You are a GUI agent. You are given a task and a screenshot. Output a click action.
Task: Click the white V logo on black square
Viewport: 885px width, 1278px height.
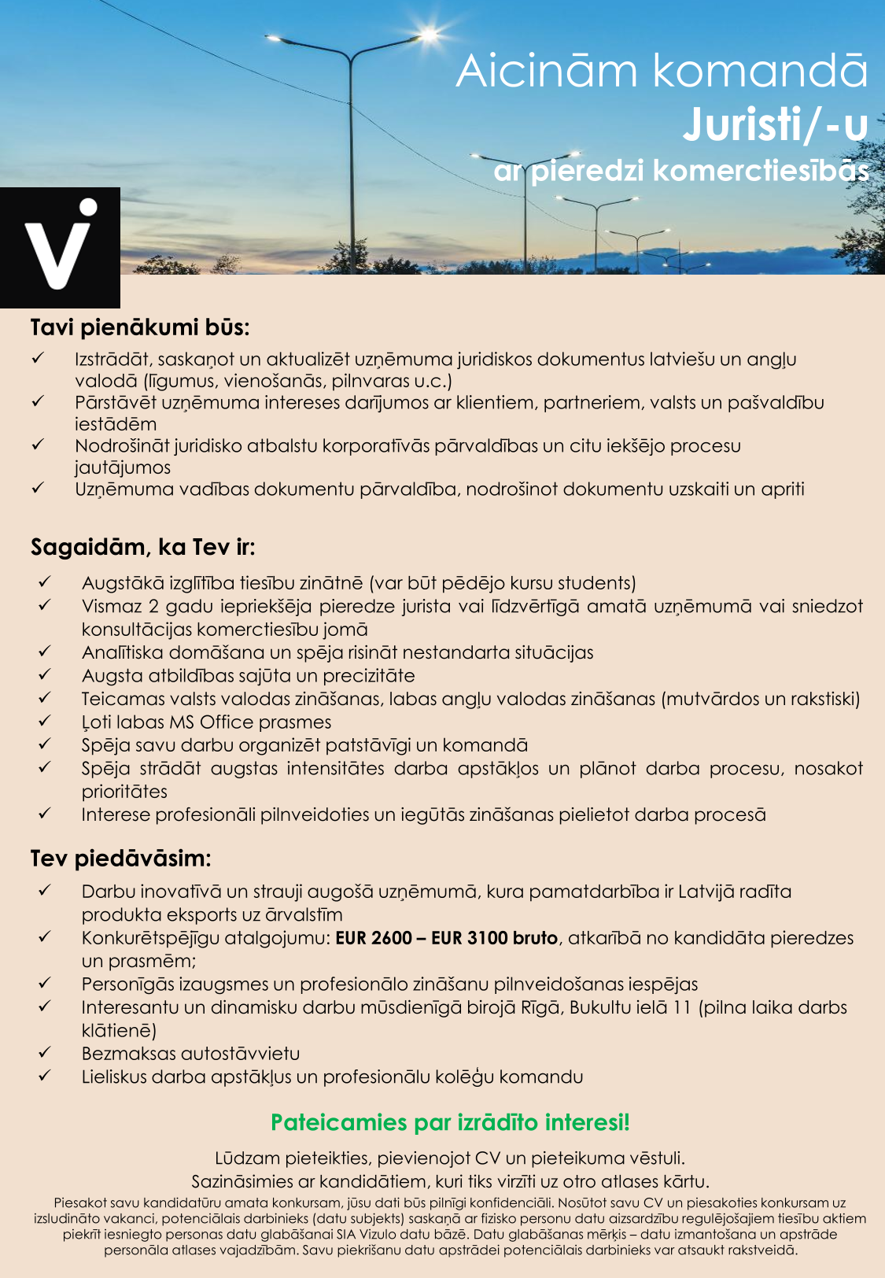point(60,247)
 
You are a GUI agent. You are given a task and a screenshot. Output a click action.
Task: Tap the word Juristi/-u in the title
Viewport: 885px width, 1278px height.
point(775,125)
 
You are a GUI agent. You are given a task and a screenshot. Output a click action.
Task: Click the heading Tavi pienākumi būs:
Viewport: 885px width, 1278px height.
point(140,327)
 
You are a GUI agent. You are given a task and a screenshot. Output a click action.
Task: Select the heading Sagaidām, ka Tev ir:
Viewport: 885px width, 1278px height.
point(142,547)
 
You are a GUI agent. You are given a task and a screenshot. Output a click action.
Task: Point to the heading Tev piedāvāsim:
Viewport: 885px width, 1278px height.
point(121,858)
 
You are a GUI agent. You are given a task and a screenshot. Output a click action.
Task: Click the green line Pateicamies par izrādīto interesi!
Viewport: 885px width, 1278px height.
point(450,1122)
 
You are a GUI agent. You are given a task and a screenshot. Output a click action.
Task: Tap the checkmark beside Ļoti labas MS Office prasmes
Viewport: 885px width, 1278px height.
point(45,721)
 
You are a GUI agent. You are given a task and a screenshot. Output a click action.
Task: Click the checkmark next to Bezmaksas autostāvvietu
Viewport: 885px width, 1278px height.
point(45,1052)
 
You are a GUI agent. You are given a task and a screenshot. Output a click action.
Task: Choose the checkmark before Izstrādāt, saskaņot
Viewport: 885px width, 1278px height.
point(38,358)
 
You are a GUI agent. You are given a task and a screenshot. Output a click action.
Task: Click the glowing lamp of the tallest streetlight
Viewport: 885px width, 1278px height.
point(430,34)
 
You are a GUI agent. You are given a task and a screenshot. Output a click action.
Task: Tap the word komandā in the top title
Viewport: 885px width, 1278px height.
point(760,71)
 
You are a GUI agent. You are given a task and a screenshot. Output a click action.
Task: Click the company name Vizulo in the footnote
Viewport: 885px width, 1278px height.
point(380,1234)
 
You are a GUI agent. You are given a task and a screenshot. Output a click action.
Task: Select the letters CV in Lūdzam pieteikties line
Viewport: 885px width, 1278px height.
point(488,1158)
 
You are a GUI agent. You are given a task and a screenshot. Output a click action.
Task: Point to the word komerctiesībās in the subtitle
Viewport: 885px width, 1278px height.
point(761,171)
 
